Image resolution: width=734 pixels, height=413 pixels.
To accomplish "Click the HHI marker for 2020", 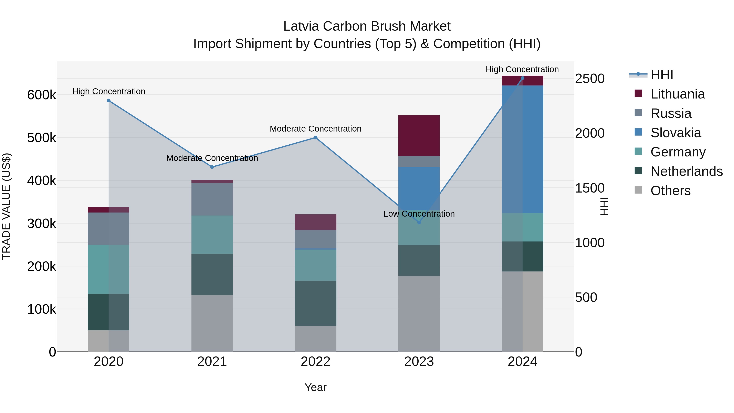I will tap(108, 101).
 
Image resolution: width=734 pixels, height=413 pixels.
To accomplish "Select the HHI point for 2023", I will tap(419, 222).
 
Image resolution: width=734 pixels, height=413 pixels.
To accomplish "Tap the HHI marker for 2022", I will tap(315, 138).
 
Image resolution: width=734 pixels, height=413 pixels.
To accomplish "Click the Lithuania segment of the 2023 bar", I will tap(419, 136).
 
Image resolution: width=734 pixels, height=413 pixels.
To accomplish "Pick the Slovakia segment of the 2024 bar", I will tap(522, 149).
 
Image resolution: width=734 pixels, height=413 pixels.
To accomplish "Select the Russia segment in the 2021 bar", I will tap(212, 199).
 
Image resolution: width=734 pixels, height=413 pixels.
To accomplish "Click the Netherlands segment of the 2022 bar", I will tap(315, 303).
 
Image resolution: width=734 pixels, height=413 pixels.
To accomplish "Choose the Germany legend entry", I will tap(678, 152).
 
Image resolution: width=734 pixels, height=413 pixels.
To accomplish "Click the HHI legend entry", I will tap(662, 75).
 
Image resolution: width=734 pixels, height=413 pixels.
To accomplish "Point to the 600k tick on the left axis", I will tap(42, 95).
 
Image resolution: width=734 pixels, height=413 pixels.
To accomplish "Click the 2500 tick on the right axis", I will tap(589, 79).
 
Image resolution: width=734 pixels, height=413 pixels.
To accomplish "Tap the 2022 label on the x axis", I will tap(315, 362).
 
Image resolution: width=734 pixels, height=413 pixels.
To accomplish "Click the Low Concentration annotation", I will tap(419, 214).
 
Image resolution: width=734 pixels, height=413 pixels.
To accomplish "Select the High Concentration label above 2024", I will tap(522, 69).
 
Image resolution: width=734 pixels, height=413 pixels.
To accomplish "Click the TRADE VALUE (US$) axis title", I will tap(6, 206).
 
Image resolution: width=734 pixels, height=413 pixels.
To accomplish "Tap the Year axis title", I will tap(315, 387).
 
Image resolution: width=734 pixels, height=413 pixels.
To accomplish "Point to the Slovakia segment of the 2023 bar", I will tap(419, 188).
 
